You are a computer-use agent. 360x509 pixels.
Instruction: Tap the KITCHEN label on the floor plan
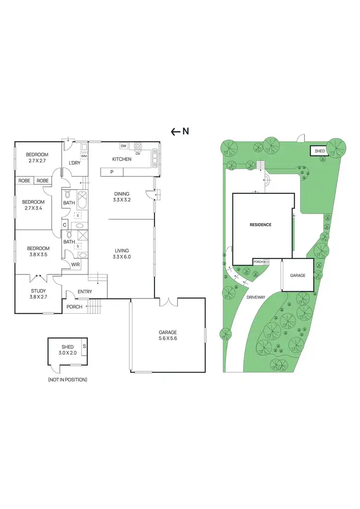click(121, 159)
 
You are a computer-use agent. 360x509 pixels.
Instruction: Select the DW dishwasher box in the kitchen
click(123, 146)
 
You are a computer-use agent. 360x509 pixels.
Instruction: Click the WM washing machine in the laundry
click(84, 156)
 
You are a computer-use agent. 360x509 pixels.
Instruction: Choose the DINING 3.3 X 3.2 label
click(121, 197)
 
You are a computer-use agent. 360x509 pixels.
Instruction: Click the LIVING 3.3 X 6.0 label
click(121, 253)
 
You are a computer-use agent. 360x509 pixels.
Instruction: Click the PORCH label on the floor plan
click(74, 307)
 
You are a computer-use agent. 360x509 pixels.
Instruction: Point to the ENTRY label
click(84, 292)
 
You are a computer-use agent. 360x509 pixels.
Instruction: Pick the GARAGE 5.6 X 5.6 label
click(168, 335)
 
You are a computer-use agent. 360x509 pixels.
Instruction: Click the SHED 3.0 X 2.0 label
click(67, 350)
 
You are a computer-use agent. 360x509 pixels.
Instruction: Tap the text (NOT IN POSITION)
click(67, 379)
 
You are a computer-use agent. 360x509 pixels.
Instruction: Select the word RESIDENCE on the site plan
click(261, 225)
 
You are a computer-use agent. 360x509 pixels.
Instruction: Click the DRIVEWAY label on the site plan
click(256, 297)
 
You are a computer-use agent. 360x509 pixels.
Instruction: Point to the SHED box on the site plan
click(320, 151)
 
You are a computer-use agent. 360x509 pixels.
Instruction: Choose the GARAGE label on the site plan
click(298, 276)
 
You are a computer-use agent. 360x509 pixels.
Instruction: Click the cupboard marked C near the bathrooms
click(64, 225)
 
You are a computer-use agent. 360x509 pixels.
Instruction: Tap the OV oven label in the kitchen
click(138, 154)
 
